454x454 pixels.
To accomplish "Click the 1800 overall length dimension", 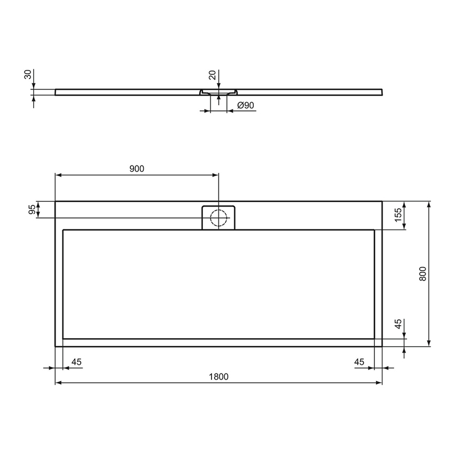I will point(218,377).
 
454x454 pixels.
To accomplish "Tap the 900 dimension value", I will point(137,168).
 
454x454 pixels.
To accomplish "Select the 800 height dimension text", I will point(422,273).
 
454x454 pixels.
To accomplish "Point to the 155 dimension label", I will point(397,215).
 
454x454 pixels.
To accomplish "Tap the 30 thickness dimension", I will point(28,75).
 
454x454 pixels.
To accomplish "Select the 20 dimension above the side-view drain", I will point(213,75).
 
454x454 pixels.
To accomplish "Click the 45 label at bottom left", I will point(76,362).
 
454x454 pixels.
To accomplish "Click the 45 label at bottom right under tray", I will point(359,362).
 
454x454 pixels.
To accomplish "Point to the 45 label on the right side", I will point(397,325).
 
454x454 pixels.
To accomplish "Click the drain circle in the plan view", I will point(218,218).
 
